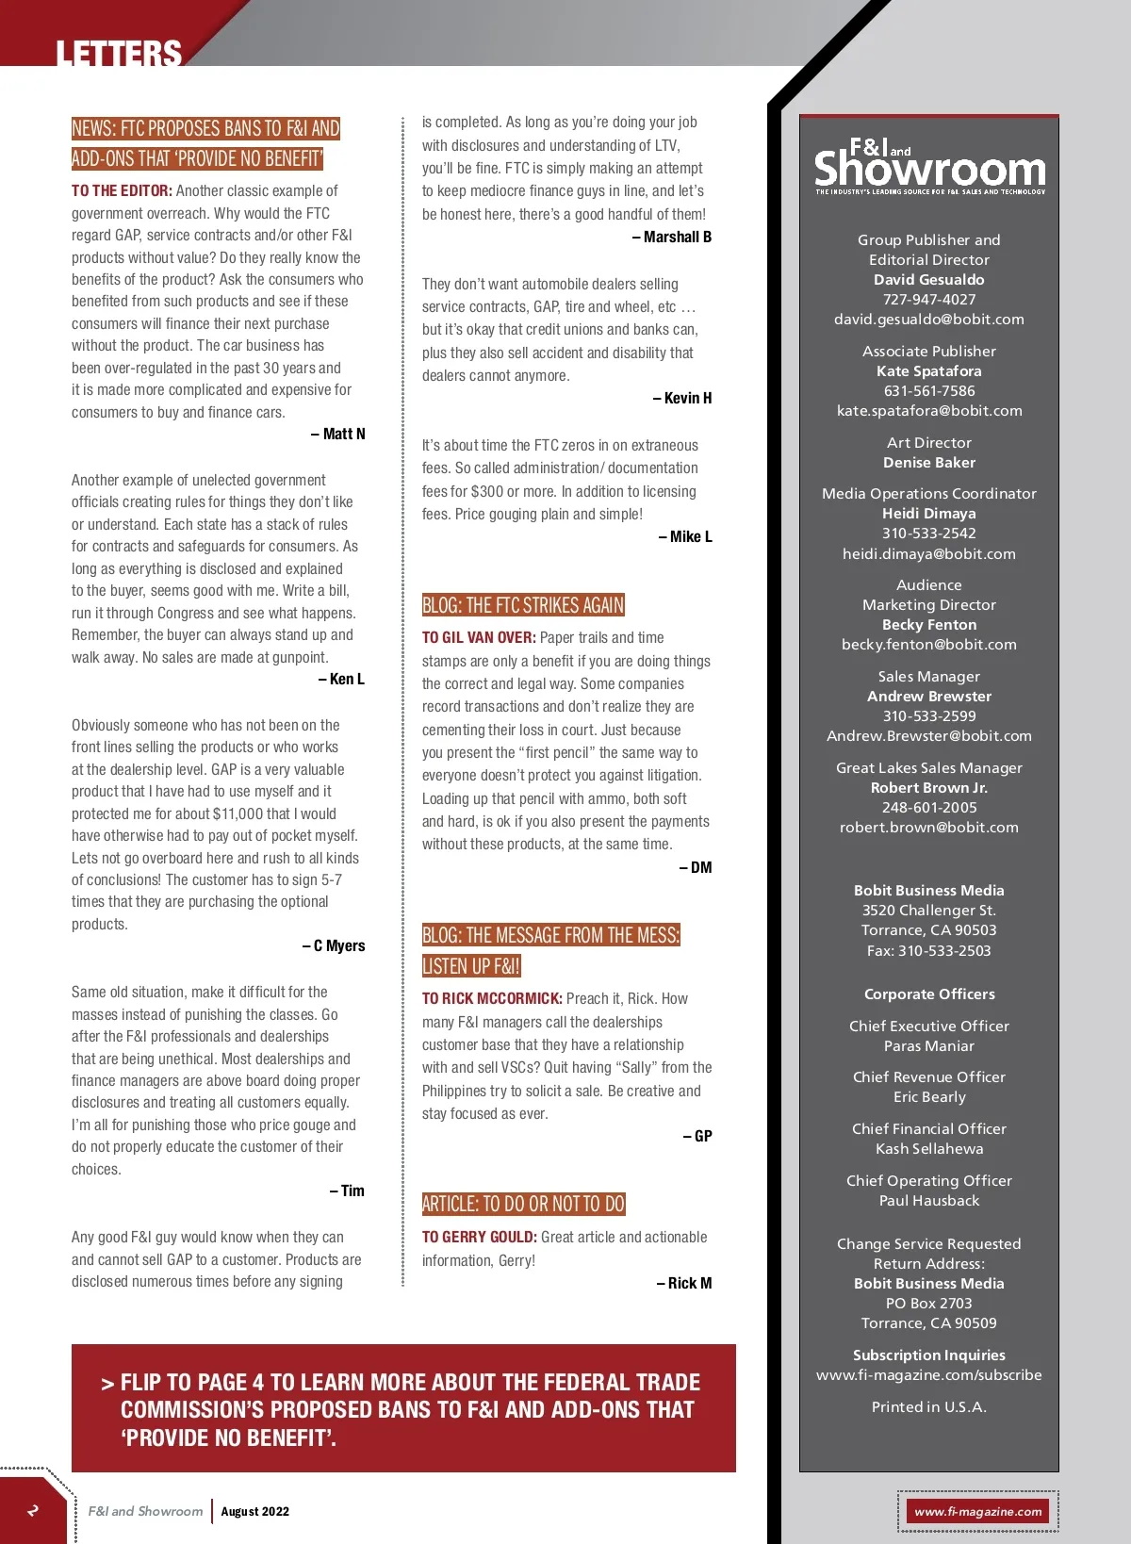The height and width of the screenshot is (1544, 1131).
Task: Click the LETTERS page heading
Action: tap(118, 53)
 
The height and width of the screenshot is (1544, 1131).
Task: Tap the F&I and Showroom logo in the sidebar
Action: tap(929, 166)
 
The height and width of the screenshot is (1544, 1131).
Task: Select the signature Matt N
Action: tap(338, 435)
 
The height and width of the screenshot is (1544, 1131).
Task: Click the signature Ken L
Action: tap(342, 680)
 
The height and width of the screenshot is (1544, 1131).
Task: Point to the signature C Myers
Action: tap(334, 946)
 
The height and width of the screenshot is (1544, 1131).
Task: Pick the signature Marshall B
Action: tap(672, 238)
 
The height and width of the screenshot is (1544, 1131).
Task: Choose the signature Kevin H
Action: tap(682, 399)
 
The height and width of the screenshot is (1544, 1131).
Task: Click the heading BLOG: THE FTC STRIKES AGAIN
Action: tap(523, 605)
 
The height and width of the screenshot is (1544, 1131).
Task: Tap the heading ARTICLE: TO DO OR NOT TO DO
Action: tap(523, 1204)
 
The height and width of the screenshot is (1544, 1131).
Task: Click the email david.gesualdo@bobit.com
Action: tap(928, 320)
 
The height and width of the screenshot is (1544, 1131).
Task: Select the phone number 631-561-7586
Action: tap(928, 391)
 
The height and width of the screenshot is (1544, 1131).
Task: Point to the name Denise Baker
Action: tap(928, 463)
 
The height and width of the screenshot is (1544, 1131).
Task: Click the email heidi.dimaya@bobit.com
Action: tap(928, 554)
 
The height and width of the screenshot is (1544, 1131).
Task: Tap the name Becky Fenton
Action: tap(928, 625)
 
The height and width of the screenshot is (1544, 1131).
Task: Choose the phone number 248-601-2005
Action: tap(928, 808)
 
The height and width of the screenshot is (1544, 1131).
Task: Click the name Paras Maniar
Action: tap(928, 1046)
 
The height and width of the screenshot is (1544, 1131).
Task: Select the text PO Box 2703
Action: tap(928, 1304)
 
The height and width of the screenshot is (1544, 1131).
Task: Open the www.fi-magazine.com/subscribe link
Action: tap(928, 1375)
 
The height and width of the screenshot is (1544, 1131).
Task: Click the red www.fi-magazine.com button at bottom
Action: tap(977, 1512)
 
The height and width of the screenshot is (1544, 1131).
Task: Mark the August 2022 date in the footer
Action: tap(254, 1512)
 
